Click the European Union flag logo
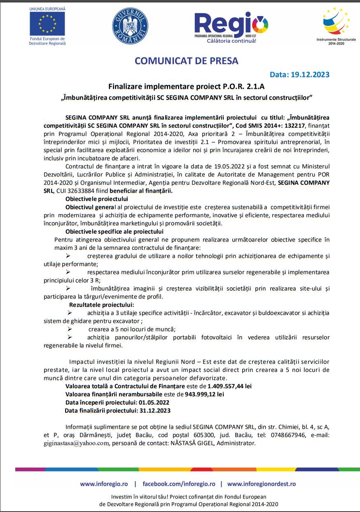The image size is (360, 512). tap(47, 23)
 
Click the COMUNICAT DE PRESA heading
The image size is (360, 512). tap(187, 61)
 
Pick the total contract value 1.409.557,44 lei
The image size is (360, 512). tap(229, 386)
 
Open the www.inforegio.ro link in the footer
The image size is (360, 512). tap(104, 484)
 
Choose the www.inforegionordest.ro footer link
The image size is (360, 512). tap(261, 484)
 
